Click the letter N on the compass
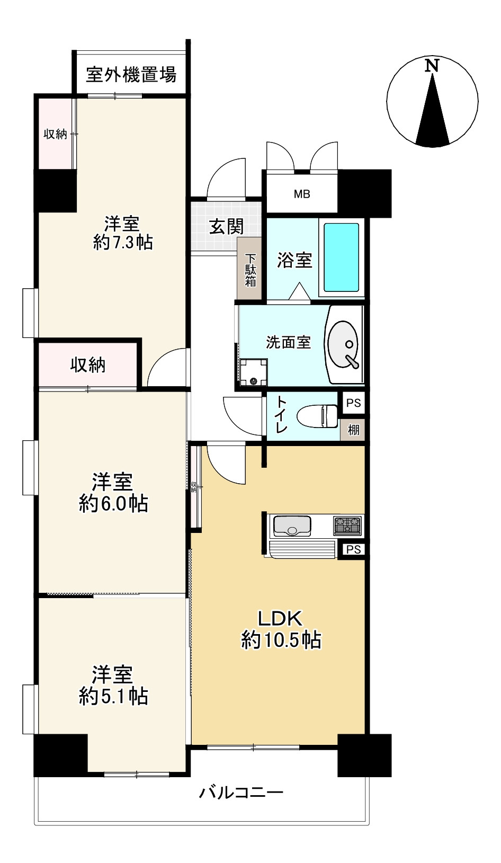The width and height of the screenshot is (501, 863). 433,66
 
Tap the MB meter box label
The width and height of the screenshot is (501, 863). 302,194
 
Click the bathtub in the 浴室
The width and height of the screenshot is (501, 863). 341,257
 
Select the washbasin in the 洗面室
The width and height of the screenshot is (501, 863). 344,344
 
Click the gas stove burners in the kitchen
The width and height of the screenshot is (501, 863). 347,526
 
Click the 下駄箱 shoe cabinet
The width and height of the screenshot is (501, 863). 250,270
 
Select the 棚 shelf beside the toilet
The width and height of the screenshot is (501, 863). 353,430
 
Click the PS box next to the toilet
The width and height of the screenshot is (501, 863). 353,403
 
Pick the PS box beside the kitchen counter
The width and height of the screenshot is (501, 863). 353,549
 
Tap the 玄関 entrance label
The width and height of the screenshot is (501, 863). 227,226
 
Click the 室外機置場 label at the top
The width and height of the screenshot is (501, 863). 131,75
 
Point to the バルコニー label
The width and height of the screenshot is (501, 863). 241,793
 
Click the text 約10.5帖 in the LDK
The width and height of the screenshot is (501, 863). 281,640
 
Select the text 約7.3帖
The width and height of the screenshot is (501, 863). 123,242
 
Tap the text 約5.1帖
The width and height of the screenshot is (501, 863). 113,696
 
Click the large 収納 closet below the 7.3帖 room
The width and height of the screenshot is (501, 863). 88,364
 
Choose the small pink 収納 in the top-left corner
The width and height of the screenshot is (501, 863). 55,134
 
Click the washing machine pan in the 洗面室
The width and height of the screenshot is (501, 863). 253,373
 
